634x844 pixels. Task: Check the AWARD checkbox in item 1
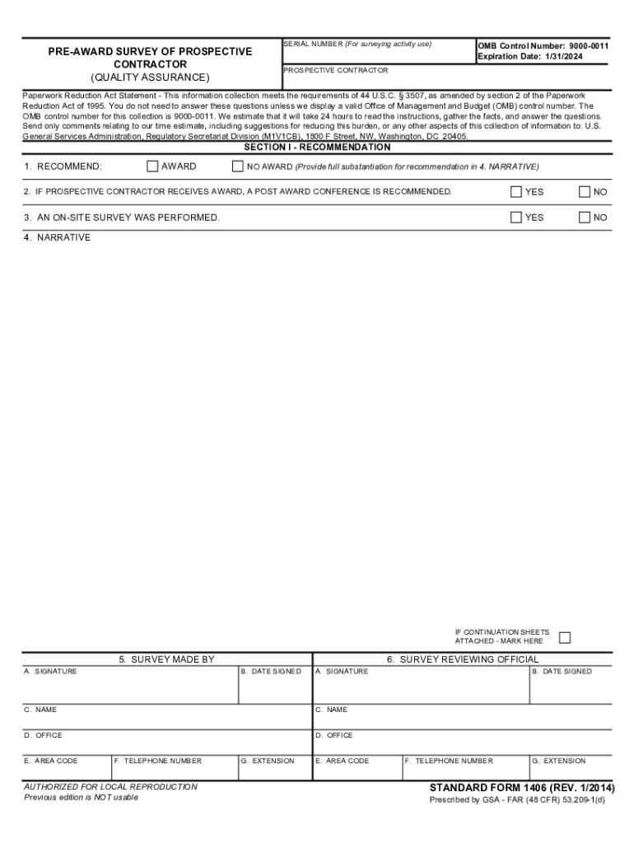click(152, 166)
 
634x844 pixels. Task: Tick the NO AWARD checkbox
click(238, 166)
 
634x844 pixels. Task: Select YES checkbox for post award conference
click(516, 192)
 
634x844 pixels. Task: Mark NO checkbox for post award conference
click(585, 192)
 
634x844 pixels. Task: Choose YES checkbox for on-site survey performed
click(516, 218)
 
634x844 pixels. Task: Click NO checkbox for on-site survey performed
click(585, 218)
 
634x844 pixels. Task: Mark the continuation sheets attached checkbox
click(565, 637)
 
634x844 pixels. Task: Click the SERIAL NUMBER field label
click(312, 44)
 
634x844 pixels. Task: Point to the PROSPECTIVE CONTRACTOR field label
click(335, 71)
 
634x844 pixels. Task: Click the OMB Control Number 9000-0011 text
click(543, 46)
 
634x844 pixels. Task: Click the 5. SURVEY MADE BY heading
click(166, 659)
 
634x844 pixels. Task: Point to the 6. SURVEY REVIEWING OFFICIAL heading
click(463, 659)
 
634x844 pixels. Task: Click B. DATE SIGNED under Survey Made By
click(271, 672)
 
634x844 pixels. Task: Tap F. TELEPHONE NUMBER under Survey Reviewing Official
click(449, 761)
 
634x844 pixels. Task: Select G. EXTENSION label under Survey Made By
click(267, 761)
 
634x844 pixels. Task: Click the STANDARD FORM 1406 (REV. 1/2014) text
click(521, 788)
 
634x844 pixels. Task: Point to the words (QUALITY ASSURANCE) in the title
click(150, 77)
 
